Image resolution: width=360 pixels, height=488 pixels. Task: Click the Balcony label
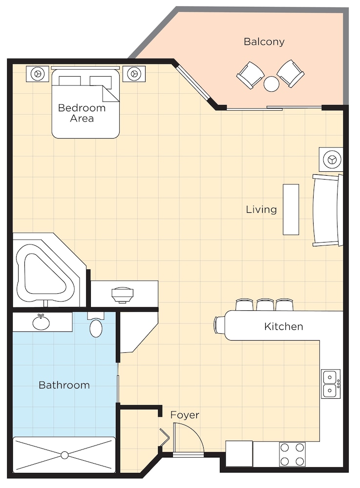click(x=264, y=41)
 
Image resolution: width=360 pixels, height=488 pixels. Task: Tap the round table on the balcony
click(x=271, y=84)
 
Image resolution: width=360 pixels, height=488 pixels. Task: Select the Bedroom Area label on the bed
click(x=82, y=113)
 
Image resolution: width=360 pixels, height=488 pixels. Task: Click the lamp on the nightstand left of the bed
click(x=38, y=74)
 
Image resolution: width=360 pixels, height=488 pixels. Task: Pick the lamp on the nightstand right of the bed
click(x=134, y=74)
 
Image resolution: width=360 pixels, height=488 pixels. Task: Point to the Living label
click(x=261, y=209)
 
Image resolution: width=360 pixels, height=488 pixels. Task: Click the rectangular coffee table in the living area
click(x=291, y=209)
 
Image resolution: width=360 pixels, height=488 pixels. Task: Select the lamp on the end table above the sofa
click(x=331, y=160)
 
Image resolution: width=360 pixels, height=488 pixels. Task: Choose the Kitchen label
click(x=283, y=326)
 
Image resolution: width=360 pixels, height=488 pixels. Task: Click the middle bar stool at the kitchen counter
click(x=265, y=305)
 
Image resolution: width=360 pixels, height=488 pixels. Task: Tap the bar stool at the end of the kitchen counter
click(x=219, y=325)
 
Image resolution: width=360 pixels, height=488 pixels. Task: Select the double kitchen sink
click(x=331, y=384)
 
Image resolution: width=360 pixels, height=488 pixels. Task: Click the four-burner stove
click(x=292, y=454)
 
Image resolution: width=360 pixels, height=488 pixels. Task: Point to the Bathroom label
click(x=64, y=385)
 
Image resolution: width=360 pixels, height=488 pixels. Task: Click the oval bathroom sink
click(x=41, y=323)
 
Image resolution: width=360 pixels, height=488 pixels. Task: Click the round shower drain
click(x=64, y=455)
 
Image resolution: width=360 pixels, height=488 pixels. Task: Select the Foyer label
click(x=185, y=415)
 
